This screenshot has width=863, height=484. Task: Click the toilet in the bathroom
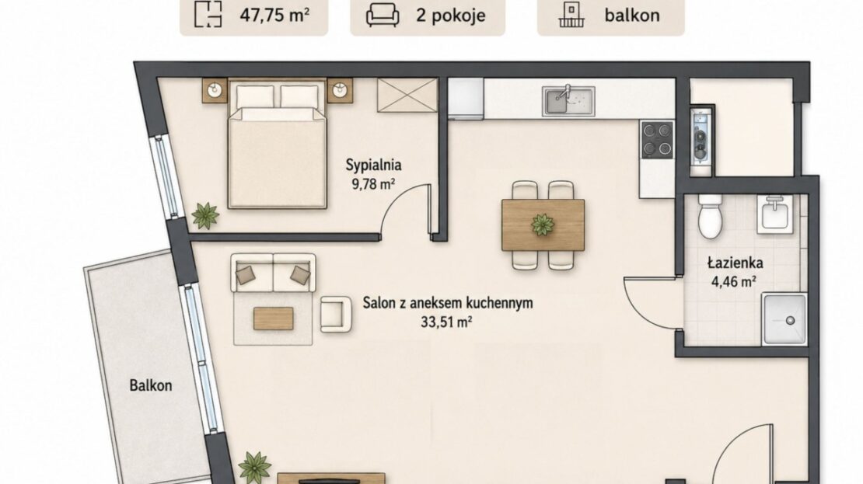point(710,216)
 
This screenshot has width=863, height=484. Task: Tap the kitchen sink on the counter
point(568,101)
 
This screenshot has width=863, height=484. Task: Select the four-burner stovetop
point(657,140)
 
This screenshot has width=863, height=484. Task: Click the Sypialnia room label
point(374,165)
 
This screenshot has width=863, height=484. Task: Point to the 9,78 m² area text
point(374,183)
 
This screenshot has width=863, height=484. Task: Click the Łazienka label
point(735,263)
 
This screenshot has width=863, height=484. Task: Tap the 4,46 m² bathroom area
point(734,281)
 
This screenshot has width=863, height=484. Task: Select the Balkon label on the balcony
point(151,385)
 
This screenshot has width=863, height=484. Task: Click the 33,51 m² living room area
point(446,322)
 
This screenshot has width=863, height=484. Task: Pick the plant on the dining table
point(543,225)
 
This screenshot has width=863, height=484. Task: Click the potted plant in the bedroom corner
point(205,216)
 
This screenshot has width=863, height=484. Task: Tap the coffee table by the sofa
point(273,319)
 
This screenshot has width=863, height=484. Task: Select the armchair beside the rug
point(336,315)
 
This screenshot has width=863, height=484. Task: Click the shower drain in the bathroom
point(791,320)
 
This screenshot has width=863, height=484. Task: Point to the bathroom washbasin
point(775,214)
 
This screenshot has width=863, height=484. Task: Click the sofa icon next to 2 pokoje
point(383,15)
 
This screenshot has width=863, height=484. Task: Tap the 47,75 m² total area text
point(274,15)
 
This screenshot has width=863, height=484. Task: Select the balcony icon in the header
point(571,15)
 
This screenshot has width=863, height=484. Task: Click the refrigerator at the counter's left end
point(466,98)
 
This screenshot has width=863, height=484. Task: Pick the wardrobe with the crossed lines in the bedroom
point(407,95)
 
